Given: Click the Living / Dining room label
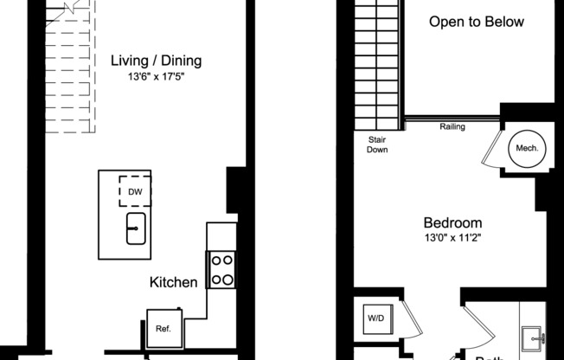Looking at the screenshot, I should coord(156,61).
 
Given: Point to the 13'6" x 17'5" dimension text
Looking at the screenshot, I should coord(156,76).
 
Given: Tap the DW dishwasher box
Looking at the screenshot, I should coord(135,190).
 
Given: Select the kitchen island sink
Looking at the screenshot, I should coord(135,228).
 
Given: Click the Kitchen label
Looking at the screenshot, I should coord(174,282).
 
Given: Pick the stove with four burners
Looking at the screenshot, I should coord(221,269).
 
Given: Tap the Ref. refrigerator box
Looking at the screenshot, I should coord(163,328).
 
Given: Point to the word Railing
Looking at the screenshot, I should coord(452,127).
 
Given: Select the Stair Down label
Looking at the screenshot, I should coord(376,145).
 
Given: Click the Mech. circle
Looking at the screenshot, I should coord(527,148).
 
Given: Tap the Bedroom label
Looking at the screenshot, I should coord(452,222).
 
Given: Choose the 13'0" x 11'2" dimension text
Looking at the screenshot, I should coord(452,238).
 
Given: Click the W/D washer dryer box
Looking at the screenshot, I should coord(377,318).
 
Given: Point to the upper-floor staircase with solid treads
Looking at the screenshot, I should coord(376,65).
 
